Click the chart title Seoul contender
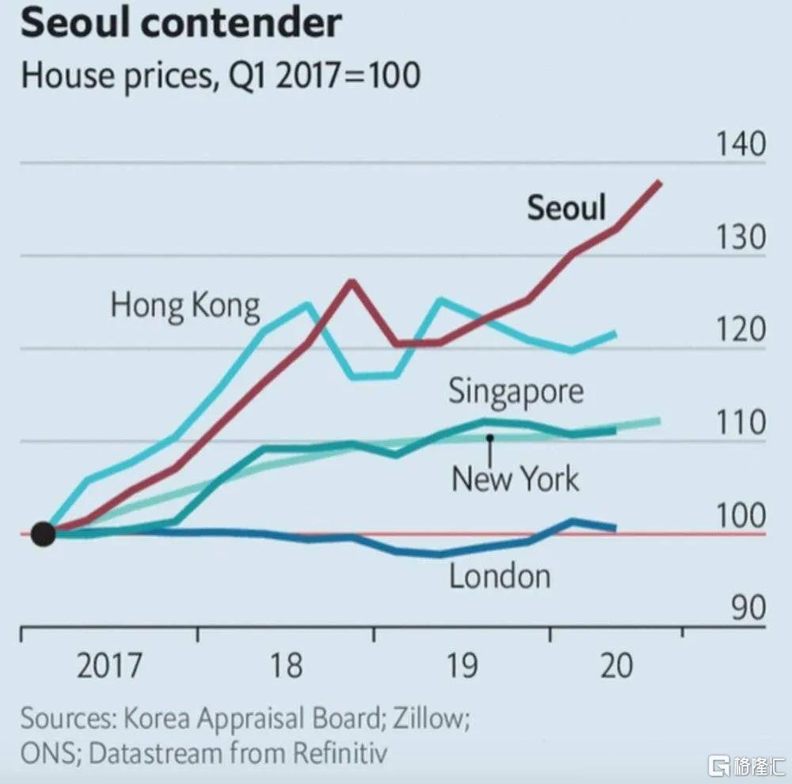coord(181,24)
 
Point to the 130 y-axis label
coord(741,238)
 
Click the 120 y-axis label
coord(741,330)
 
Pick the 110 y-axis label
coord(741,423)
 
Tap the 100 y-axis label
coord(741,516)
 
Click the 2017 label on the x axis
coord(110,665)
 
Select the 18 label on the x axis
coord(287,665)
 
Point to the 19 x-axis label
coord(462,665)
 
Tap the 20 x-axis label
coord(617,665)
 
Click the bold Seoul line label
coord(566,207)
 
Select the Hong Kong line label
coord(185,305)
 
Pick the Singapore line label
coord(516,391)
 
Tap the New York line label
coord(515,478)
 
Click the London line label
coord(500,576)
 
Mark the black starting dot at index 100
coord(44,535)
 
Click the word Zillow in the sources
coord(426,719)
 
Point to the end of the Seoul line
coord(660,183)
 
